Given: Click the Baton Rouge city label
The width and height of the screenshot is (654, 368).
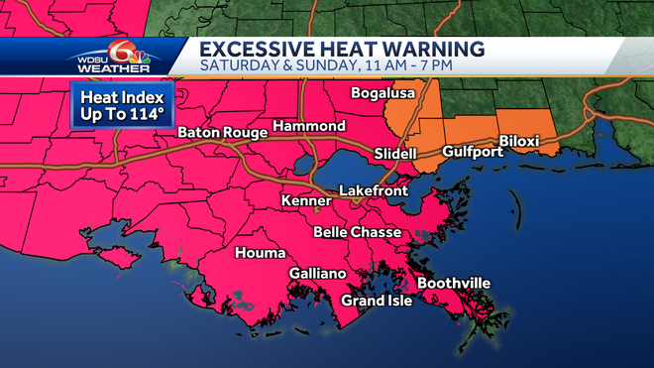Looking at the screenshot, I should point(222,133).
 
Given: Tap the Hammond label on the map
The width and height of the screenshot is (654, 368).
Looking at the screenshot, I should point(308,127).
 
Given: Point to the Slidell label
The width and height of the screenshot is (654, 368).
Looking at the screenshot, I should point(395,155).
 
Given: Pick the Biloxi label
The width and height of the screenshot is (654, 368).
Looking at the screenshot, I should point(519,142).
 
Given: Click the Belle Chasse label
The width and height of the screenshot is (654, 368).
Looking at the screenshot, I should point(357,232).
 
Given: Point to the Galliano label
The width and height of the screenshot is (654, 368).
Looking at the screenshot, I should point(317,273).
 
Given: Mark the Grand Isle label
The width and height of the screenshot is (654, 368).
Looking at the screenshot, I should point(377,301).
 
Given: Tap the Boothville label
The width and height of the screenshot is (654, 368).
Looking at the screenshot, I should point(453,284).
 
